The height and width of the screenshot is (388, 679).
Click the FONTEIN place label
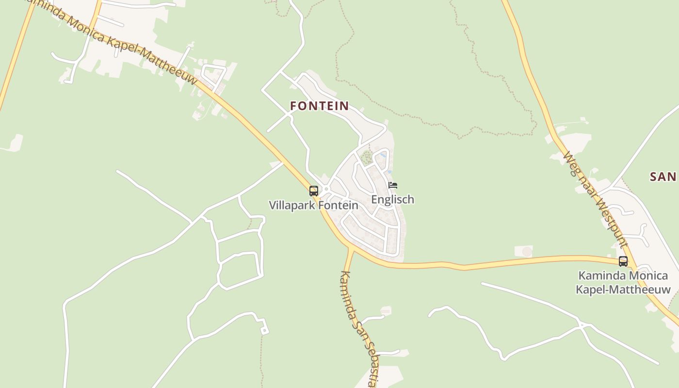pyautogui.click(x=319, y=106)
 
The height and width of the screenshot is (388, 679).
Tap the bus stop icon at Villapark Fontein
pyautogui.click(x=314, y=191)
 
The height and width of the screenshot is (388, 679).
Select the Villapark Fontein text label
pyautogui.click(x=313, y=205)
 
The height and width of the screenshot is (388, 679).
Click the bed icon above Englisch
pyautogui.click(x=393, y=185)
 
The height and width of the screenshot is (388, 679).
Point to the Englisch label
pyautogui.click(x=392, y=199)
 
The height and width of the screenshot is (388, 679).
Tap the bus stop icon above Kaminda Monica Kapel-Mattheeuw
pyautogui.click(x=623, y=261)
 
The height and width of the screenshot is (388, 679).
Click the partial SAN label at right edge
pyautogui.click(x=663, y=177)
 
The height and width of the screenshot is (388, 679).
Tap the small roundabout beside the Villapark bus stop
pyautogui.click(x=326, y=189)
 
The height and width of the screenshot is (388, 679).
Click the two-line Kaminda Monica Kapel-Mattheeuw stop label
pyautogui.click(x=623, y=283)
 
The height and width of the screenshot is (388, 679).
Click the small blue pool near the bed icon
pyautogui.click(x=383, y=155)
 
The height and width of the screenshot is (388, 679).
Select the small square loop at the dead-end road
pyautogui.click(x=264, y=331)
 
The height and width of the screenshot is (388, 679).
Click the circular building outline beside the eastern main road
pyautogui.click(x=527, y=252)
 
